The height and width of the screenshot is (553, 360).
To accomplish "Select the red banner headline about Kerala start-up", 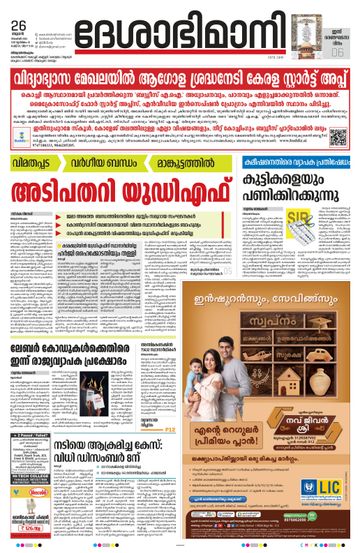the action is (x=180, y=76).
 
